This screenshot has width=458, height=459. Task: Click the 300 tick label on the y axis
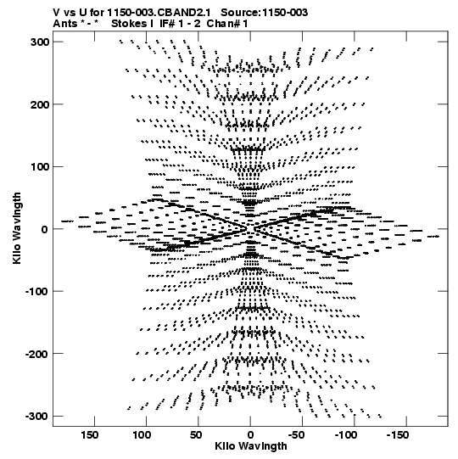click(40, 42)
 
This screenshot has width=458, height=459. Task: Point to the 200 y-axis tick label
click(40, 104)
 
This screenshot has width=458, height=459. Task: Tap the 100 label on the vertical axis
click(40, 167)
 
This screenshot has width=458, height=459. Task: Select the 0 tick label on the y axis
click(44, 229)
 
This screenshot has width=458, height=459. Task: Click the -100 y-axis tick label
click(36, 292)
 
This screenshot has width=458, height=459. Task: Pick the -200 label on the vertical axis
click(36, 354)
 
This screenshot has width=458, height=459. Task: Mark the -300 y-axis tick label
click(36, 417)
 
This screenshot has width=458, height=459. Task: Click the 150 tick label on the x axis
click(90, 435)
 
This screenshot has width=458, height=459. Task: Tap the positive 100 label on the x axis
click(142, 435)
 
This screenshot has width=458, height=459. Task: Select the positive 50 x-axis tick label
click(196, 435)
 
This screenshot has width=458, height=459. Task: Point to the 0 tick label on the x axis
click(250, 435)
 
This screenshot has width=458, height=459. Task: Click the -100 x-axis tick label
click(346, 435)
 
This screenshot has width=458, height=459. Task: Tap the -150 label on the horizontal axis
click(398, 435)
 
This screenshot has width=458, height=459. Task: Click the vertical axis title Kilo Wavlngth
click(17, 228)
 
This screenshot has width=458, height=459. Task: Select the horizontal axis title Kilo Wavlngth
click(251, 446)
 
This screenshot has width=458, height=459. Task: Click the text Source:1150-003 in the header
click(265, 13)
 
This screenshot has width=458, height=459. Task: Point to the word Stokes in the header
click(129, 24)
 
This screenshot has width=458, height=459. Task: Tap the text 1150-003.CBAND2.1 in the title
click(159, 13)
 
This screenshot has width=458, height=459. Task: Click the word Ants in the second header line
click(64, 24)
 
